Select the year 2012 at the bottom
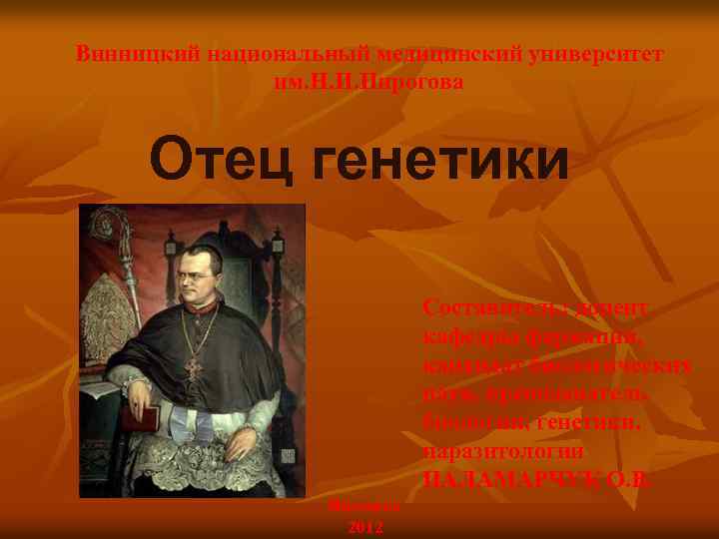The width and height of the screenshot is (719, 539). [364, 526]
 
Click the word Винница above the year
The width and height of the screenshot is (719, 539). [364, 506]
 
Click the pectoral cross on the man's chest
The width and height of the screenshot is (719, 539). [193, 369]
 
